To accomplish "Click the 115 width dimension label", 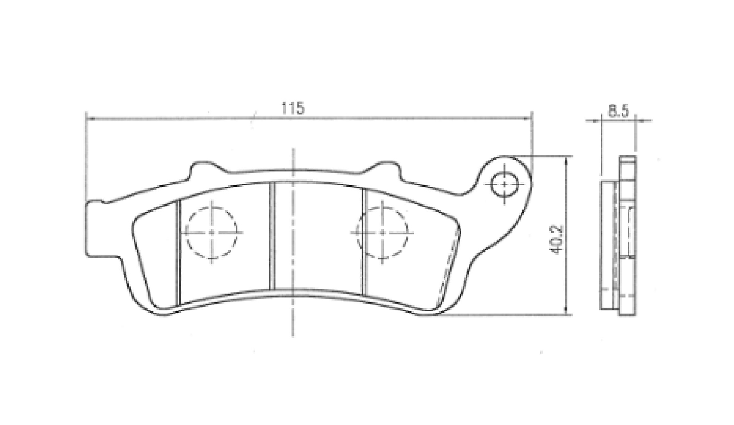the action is (x=293, y=108).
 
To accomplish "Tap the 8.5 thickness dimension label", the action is (x=619, y=111).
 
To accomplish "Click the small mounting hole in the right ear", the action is (x=504, y=184).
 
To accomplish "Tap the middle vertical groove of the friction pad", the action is (x=272, y=236).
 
